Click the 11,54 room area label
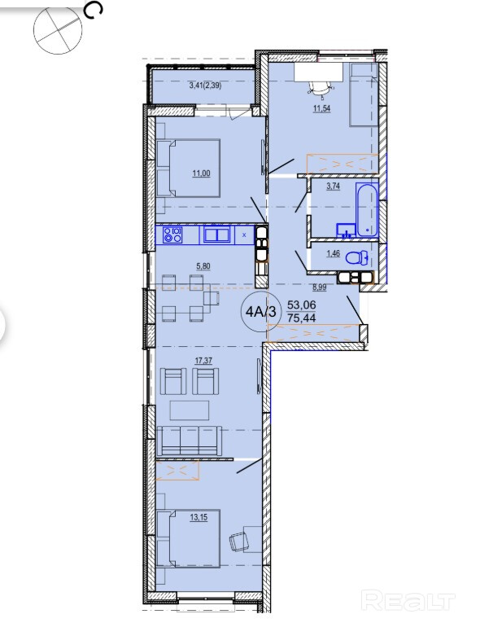coord(321,108)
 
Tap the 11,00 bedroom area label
coord(201,173)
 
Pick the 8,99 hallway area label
coord(319,287)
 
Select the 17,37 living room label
coord(203,361)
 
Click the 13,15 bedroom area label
coord(199,517)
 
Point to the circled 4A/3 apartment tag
coord(260,312)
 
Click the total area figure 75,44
coord(301,318)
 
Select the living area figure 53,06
coord(301,305)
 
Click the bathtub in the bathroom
coord(367,210)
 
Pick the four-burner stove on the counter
coord(172,235)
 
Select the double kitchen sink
coord(217,235)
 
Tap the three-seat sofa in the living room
coord(190,441)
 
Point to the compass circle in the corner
coord(58,30)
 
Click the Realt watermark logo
coord(408,602)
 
